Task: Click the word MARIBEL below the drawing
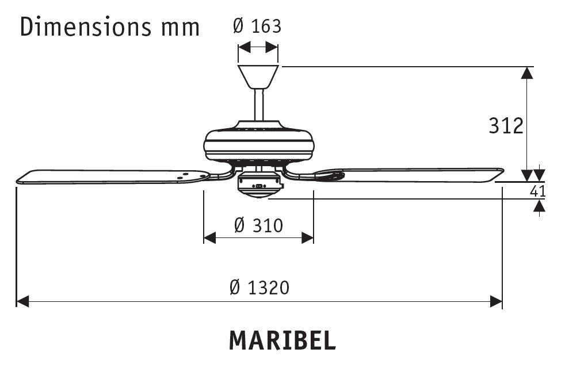pos(282,340)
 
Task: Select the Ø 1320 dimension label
pos(259,287)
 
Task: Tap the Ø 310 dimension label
pos(258,225)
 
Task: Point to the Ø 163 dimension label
pos(257,26)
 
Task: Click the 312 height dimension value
pos(506,125)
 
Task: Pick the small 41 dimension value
pos(537,191)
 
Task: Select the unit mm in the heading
pos(180,27)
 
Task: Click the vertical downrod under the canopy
pos(259,105)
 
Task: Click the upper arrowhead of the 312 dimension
pos(526,72)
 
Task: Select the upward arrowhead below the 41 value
pos(539,206)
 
